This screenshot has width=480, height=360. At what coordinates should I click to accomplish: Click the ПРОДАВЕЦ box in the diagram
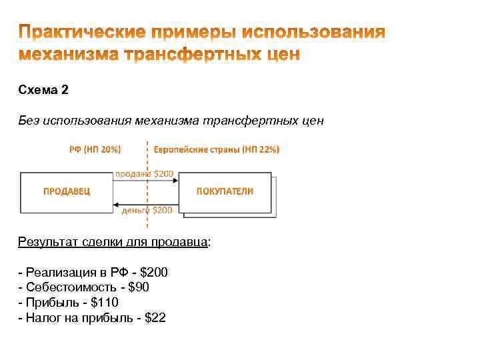pos(67,191)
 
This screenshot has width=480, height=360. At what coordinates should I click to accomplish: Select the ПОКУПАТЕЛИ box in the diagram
pos(225,191)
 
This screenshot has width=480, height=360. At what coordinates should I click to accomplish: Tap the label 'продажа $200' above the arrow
pos(145,174)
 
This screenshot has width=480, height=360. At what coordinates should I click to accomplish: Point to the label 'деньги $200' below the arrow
pos(146,210)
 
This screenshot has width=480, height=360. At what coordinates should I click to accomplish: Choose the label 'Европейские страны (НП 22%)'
pos(217,149)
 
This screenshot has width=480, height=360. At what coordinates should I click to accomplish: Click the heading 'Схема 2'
pos(43,90)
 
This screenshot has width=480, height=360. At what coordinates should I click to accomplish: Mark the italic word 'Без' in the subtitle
pos(29,121)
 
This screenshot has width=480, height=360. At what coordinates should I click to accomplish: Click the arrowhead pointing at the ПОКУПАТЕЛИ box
pos(177,183)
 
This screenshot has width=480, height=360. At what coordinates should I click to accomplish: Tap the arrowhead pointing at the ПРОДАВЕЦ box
pos(116,203)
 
